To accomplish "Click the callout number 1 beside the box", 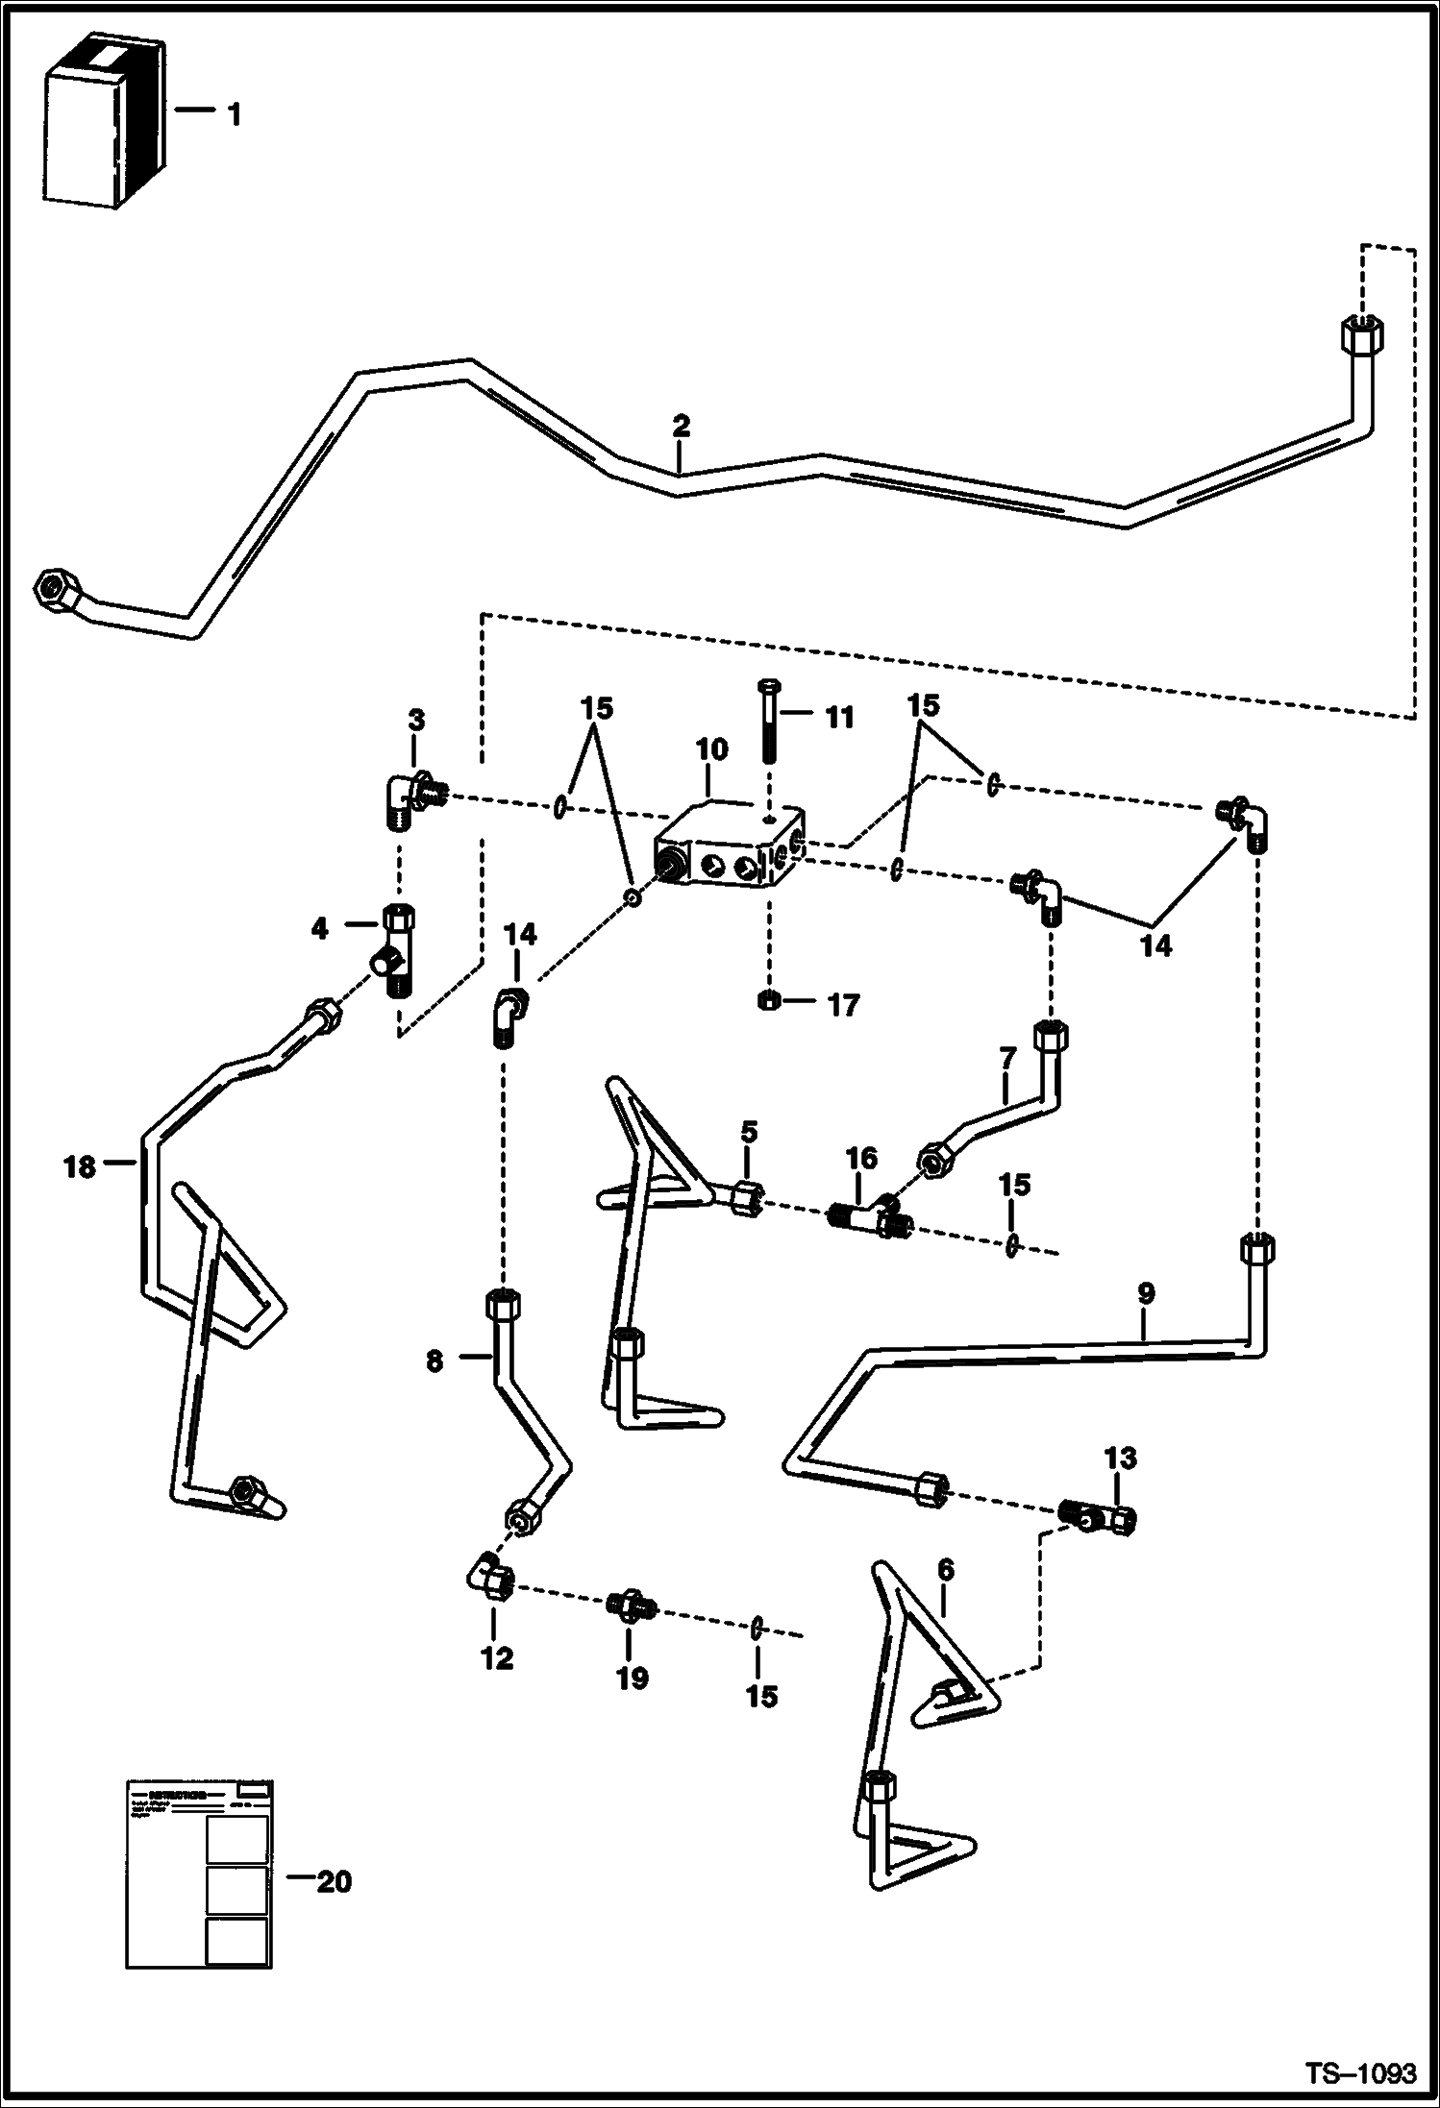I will coord(233,115).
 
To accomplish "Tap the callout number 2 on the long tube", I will coord(681,426).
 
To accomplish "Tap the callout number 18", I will coord(80,1167).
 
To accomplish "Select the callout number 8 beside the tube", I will coord(434,1360).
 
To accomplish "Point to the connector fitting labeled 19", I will coord(632,1606).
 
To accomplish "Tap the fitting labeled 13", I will coord(1098,1518).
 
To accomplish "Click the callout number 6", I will coord(945,1570).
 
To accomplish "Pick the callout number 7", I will coord(1006,1060).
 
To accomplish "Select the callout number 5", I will coord(748,1132).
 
